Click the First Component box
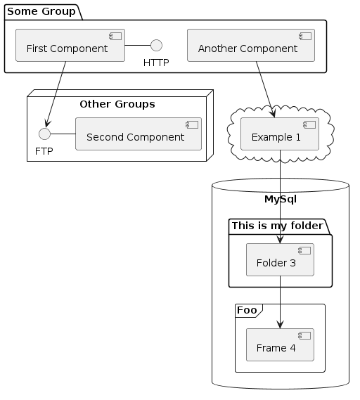click(70, 46)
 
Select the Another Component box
click(251, 46)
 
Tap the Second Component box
click(139, 134)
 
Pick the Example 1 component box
click(280, 134)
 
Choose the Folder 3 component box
click(280, 259)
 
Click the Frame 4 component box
click(280, 344)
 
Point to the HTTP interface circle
click(156, 46)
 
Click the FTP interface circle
click(45, 134)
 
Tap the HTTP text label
click(156, 63)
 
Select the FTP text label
click(44, 151)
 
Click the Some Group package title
click(41, 11)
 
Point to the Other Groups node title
click(117, 104)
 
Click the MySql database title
click(281, 199)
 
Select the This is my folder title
click(277, 226)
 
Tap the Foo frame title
click(247, 310)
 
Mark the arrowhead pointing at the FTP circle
click(46, 124)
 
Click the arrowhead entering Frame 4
click(280, 325)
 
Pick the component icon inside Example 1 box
click(309, 124)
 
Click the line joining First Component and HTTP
click(138, 46)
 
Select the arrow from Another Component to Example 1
click(265, 89)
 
